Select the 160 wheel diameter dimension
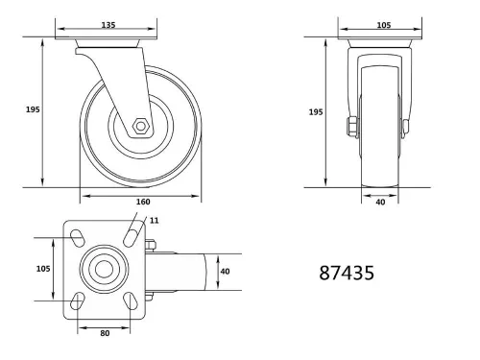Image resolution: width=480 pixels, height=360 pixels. tap(142, 202)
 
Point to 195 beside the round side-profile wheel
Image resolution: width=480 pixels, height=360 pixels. tap(31, 109)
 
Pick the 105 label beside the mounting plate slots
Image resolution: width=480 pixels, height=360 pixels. tap(42, 270)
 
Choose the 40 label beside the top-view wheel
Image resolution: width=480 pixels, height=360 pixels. tap(225, 271)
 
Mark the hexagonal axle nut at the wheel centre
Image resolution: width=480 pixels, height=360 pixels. tap(140, 125)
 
